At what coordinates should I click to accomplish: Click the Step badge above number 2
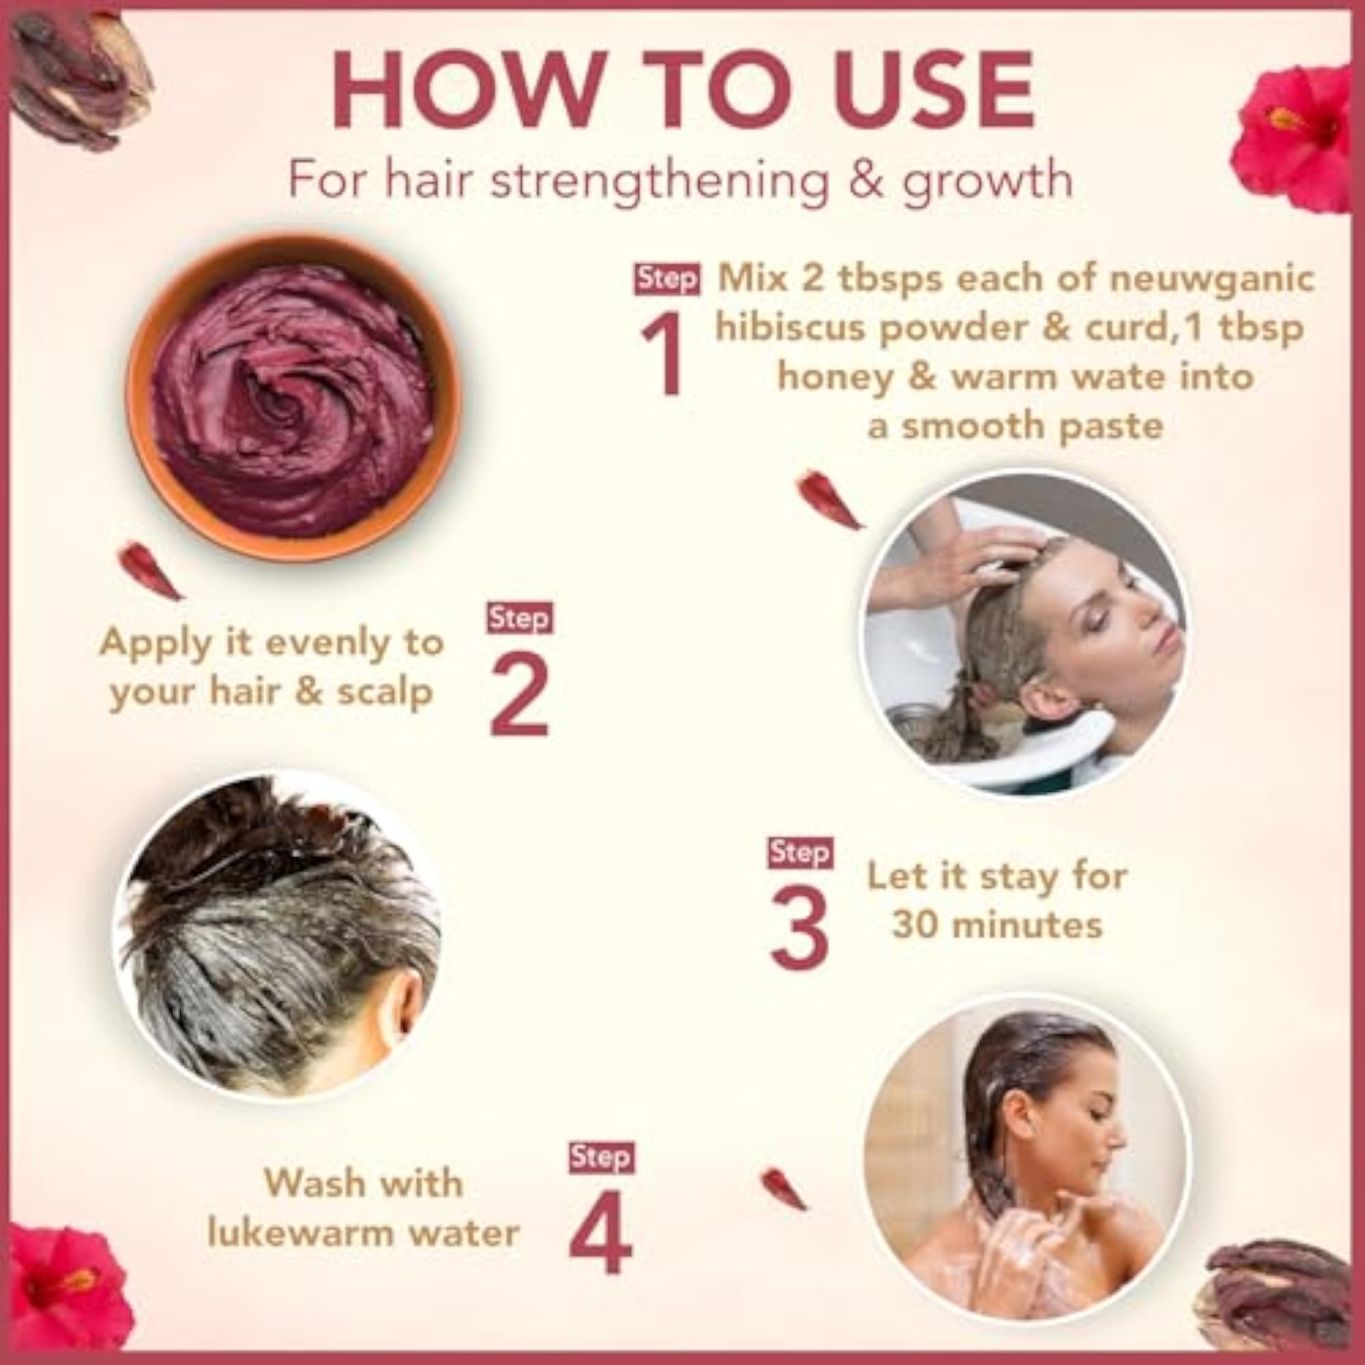519,618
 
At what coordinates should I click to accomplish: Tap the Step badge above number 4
601,1158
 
